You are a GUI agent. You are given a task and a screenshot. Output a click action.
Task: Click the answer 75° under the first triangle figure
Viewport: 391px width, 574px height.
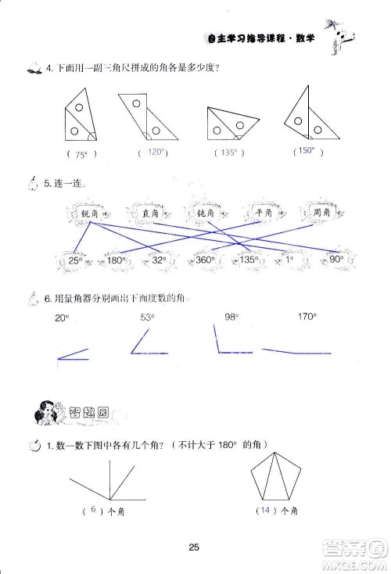[x=81, y=154]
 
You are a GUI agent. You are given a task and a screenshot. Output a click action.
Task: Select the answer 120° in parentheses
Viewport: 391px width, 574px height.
[x=155, y=152]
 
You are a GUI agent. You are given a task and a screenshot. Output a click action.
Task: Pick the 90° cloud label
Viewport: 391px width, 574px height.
[x=334, y=260]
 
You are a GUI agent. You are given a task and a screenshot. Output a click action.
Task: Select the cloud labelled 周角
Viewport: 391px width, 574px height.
[x=321, y=213]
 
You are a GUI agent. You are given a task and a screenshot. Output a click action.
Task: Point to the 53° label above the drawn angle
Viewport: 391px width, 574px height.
[x=147, y=317]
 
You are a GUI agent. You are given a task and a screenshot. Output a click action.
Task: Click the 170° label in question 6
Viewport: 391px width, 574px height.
[x=307, y=317]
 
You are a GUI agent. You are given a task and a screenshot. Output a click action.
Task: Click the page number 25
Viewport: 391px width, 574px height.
[x=195, y=547]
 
